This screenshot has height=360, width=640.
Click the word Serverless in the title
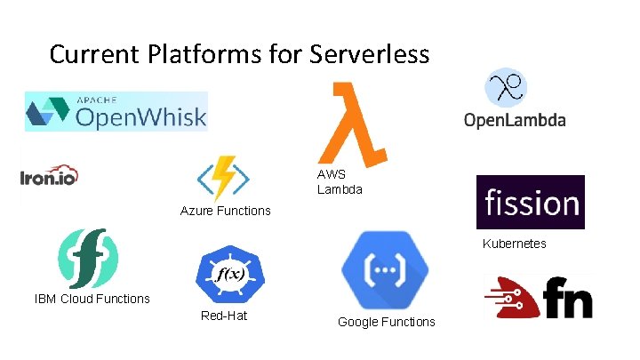pyautogui.click(x=370, y=54)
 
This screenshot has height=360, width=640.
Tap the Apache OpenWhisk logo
pyautogui.click(x=116, y=111)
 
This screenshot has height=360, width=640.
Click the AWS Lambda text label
pyautogui.click(x=340, y=182)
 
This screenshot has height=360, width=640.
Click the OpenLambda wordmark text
pyautogui.click(x=514, y=121)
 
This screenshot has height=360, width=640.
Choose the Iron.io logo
pyautogui.click(x=49, y=174)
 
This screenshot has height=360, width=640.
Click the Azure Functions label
pyautogui.click(x=225, y=211)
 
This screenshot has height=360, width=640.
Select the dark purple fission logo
pyautogui.click(x=530, y=203)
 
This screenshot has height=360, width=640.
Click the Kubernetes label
pyautogui.click(x=514, y=244)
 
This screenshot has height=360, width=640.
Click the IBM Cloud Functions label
pyautogui.click(x=92, y=299)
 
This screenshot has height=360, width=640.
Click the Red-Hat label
pyautogui.click(x=224, y=316)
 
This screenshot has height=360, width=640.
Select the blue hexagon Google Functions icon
pyautogui.click(x=385, y=268)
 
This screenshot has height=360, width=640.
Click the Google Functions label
pyautogui.click(x=386, y=322)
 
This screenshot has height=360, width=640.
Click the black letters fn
pyautogui.click(x=567, y=297)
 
